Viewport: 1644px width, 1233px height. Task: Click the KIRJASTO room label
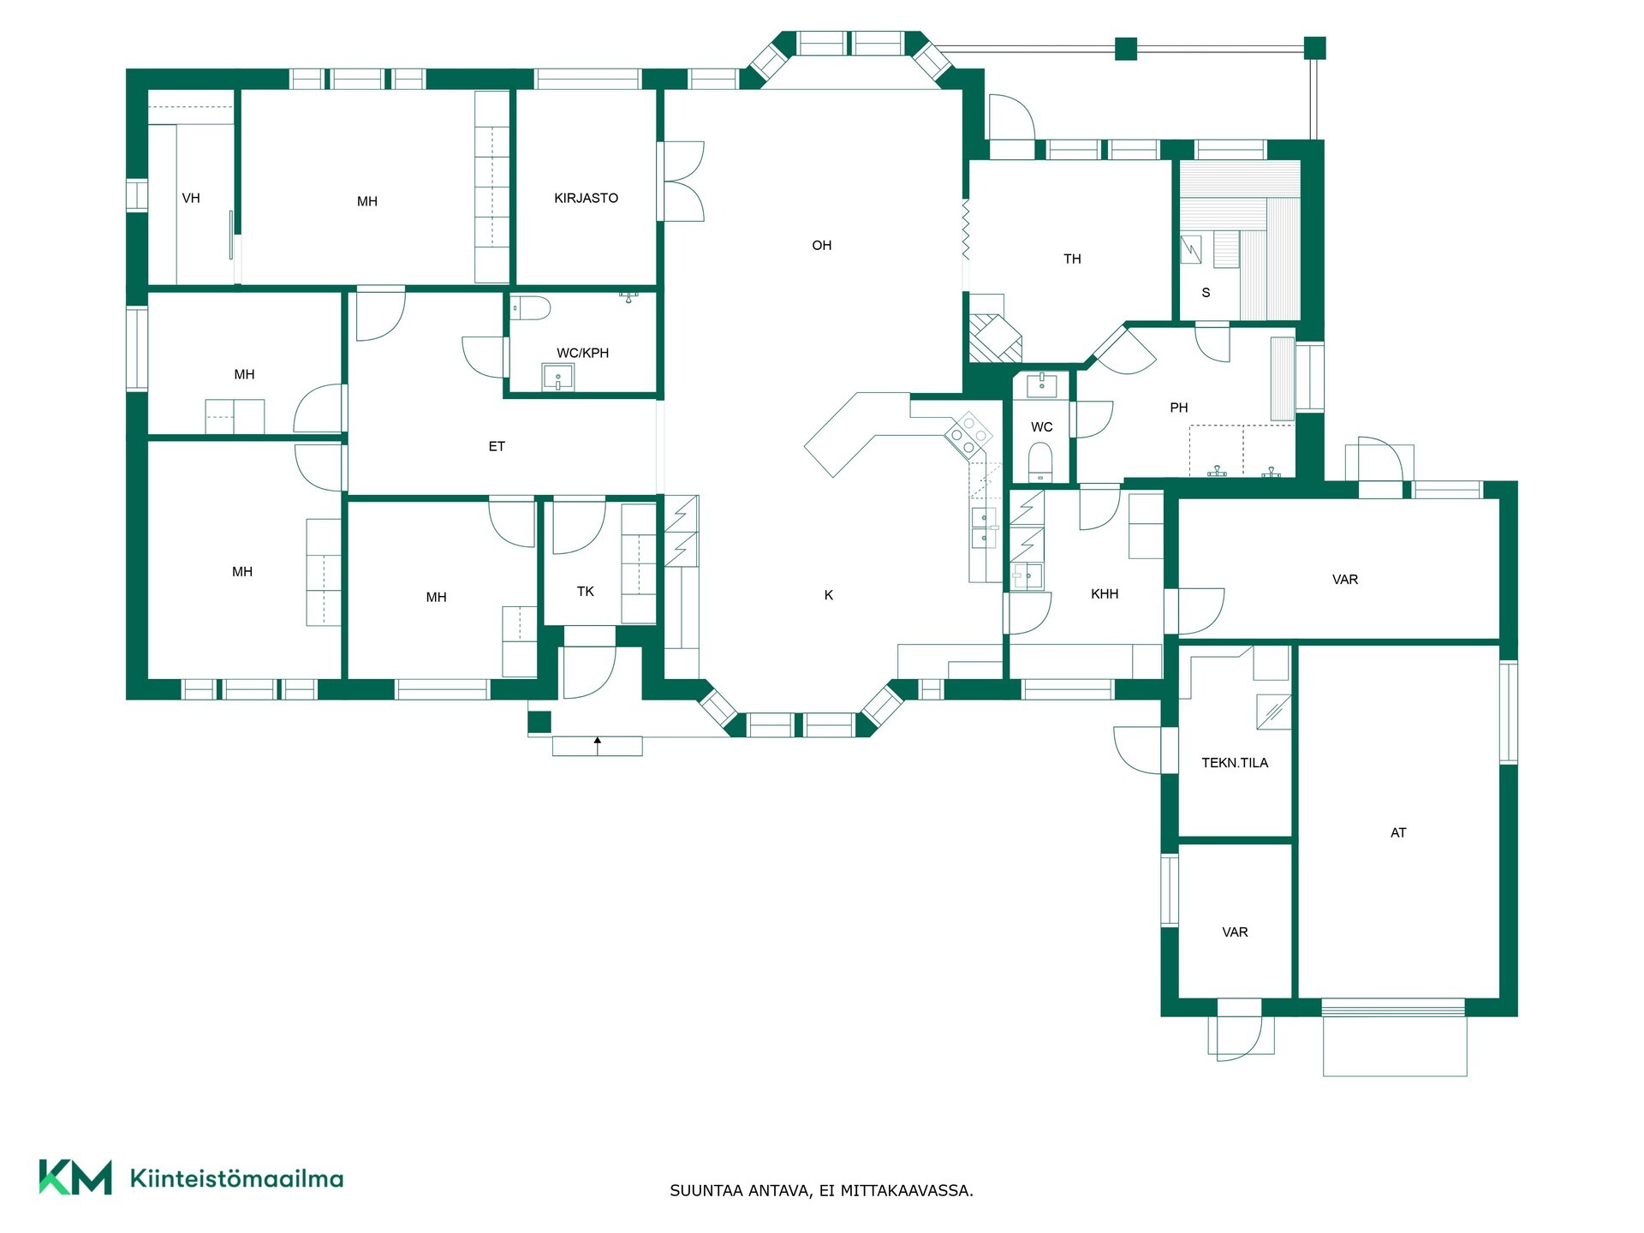click(x=586, y=198)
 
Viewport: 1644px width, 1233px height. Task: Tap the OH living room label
click(x=821, y=246)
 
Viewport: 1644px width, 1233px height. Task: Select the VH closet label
click(x=191, y=199)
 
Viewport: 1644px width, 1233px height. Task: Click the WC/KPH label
click(x=582, y=353)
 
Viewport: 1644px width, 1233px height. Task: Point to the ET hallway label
click(x=497, y=446)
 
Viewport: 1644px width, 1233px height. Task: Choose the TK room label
click(x=586, y=592)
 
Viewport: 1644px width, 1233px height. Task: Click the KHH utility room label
click(x=1105, y=594)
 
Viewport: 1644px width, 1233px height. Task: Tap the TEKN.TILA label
click(x=1235, y=763)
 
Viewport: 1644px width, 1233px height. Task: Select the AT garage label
click(x=1398, y=832)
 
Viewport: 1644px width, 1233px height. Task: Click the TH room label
click(x=1072, y=259)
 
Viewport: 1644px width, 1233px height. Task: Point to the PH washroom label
click(x=1179, y=408)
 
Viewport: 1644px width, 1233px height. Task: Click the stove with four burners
click(x=968, y=434)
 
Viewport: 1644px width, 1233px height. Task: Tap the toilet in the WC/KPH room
click(x=528, y=308)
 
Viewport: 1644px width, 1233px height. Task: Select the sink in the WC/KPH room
click(x=558, y=376)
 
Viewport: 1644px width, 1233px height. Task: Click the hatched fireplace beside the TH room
click(x=996, y=338)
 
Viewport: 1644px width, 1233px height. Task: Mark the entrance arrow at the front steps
click(x=598, y=745)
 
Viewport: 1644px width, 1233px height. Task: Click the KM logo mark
click(x=75, y=1176)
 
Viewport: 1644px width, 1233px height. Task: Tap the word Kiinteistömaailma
click(x=236, y=1178)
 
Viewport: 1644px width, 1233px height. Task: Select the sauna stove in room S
click(x=1192, y=250)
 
